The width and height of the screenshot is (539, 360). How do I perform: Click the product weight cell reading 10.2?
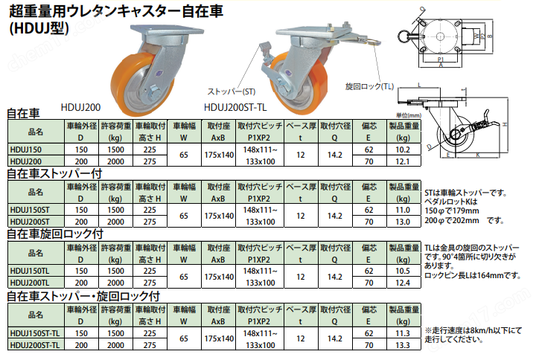403,149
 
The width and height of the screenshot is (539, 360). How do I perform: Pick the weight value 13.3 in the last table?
403,346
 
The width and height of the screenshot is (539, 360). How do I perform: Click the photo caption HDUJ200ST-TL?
235,106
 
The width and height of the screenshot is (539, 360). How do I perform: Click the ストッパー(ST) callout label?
231,91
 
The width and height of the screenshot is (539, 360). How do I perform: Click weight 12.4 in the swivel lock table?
403,283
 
